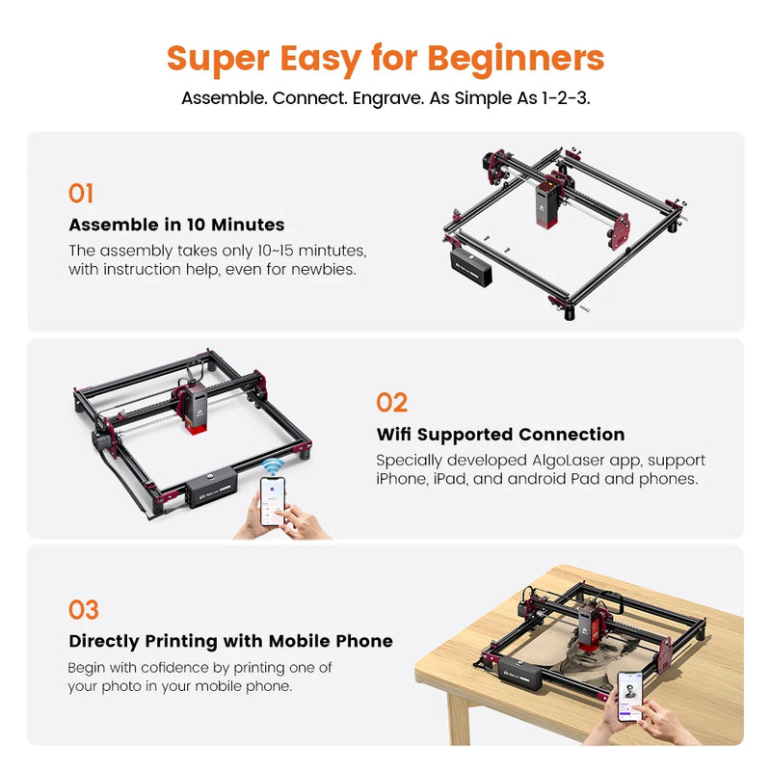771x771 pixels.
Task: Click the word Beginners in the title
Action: [516, 59]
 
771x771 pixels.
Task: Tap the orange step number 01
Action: [81, 194]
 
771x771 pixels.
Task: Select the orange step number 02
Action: [391, 403]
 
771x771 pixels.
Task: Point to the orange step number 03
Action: [84, 610]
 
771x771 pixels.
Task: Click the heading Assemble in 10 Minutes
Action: [176, 225]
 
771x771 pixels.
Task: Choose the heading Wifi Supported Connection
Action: [500, 435]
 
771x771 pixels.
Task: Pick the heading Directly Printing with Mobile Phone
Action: [230, 641]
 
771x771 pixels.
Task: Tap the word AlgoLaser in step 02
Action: [572, 461]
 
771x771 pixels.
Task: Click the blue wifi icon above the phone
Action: [273, 468]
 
